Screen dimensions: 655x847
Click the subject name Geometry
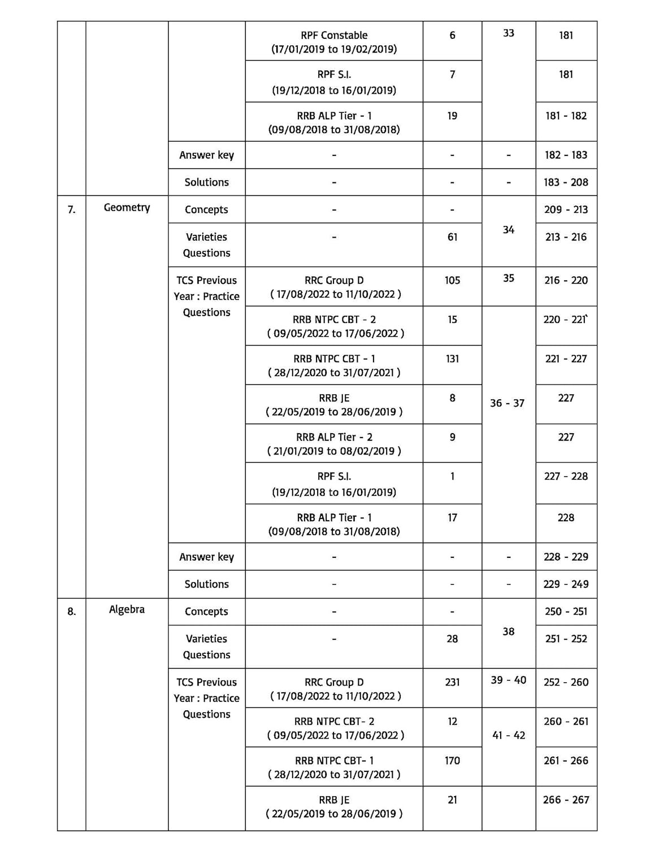point(127,208)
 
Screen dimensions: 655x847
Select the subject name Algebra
point(127,610)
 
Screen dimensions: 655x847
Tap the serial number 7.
point(71,210)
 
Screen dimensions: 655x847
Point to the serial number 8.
point(71,612)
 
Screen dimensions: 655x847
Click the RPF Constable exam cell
point(334,42)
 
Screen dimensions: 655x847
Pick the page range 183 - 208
point(566,182)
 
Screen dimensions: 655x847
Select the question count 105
point(452,281)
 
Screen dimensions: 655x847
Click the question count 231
point(452,682)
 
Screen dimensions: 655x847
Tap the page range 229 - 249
point(566,584)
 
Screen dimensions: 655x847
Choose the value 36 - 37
point(507,403)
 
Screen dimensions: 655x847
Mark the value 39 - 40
point(508,680)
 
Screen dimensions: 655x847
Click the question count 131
point(452,359)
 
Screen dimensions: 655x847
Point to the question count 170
point(452,761)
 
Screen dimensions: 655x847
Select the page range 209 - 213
point(566,209)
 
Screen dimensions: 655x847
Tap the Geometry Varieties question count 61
point(452,237)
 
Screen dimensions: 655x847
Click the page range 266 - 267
point(566,800)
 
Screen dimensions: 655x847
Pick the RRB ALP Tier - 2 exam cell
point(334,444)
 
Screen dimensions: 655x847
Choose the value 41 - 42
point(508,735)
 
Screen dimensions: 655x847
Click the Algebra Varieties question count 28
point(452,639)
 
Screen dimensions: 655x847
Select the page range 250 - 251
point(566,612)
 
